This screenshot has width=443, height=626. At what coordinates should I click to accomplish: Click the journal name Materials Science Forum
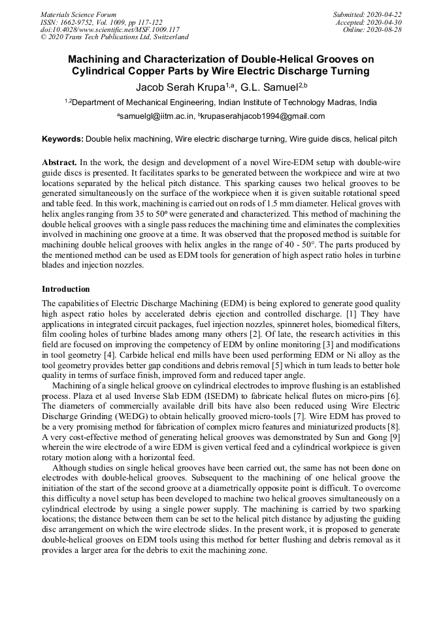click(78, 14)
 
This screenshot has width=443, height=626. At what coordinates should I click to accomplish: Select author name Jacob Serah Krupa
click(180, 86)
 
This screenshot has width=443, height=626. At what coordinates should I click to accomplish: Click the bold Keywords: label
click(63, 139)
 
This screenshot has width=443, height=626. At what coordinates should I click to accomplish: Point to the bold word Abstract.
click(59, 161)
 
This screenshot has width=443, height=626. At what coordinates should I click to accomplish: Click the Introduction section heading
click(66, 289)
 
